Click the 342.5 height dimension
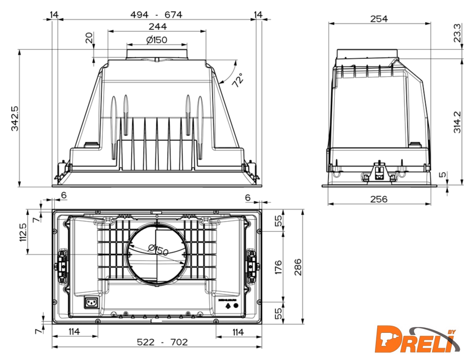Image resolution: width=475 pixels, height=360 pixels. (15, 118)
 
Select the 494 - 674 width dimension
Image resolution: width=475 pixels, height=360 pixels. (156, 14)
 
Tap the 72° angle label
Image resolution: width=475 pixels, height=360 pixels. (238, 80)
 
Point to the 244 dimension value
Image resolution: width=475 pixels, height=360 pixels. (158, 27)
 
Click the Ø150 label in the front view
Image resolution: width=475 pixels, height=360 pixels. (157, 40)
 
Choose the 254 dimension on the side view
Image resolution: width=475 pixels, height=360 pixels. (379, 19)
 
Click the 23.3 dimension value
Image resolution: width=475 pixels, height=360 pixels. (457, 33)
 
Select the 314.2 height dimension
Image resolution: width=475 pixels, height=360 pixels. (457, 122)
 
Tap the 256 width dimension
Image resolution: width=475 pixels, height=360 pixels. (379, 199)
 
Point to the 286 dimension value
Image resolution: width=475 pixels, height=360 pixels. (298, 267)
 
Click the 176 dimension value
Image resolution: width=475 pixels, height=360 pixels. (278, 267)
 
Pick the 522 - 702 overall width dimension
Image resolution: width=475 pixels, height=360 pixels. (162, 342)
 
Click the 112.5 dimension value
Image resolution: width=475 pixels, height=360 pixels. (23, 232)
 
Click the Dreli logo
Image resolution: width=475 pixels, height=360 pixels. (417, 339)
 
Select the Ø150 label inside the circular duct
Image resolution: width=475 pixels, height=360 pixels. (158, 251)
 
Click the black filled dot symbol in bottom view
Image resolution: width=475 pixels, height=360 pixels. (236, 306)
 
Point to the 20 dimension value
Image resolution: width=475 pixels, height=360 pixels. (89, 38)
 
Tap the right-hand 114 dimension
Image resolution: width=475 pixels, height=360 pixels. (238, 332)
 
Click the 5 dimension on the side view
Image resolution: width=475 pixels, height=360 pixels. (443, 175)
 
